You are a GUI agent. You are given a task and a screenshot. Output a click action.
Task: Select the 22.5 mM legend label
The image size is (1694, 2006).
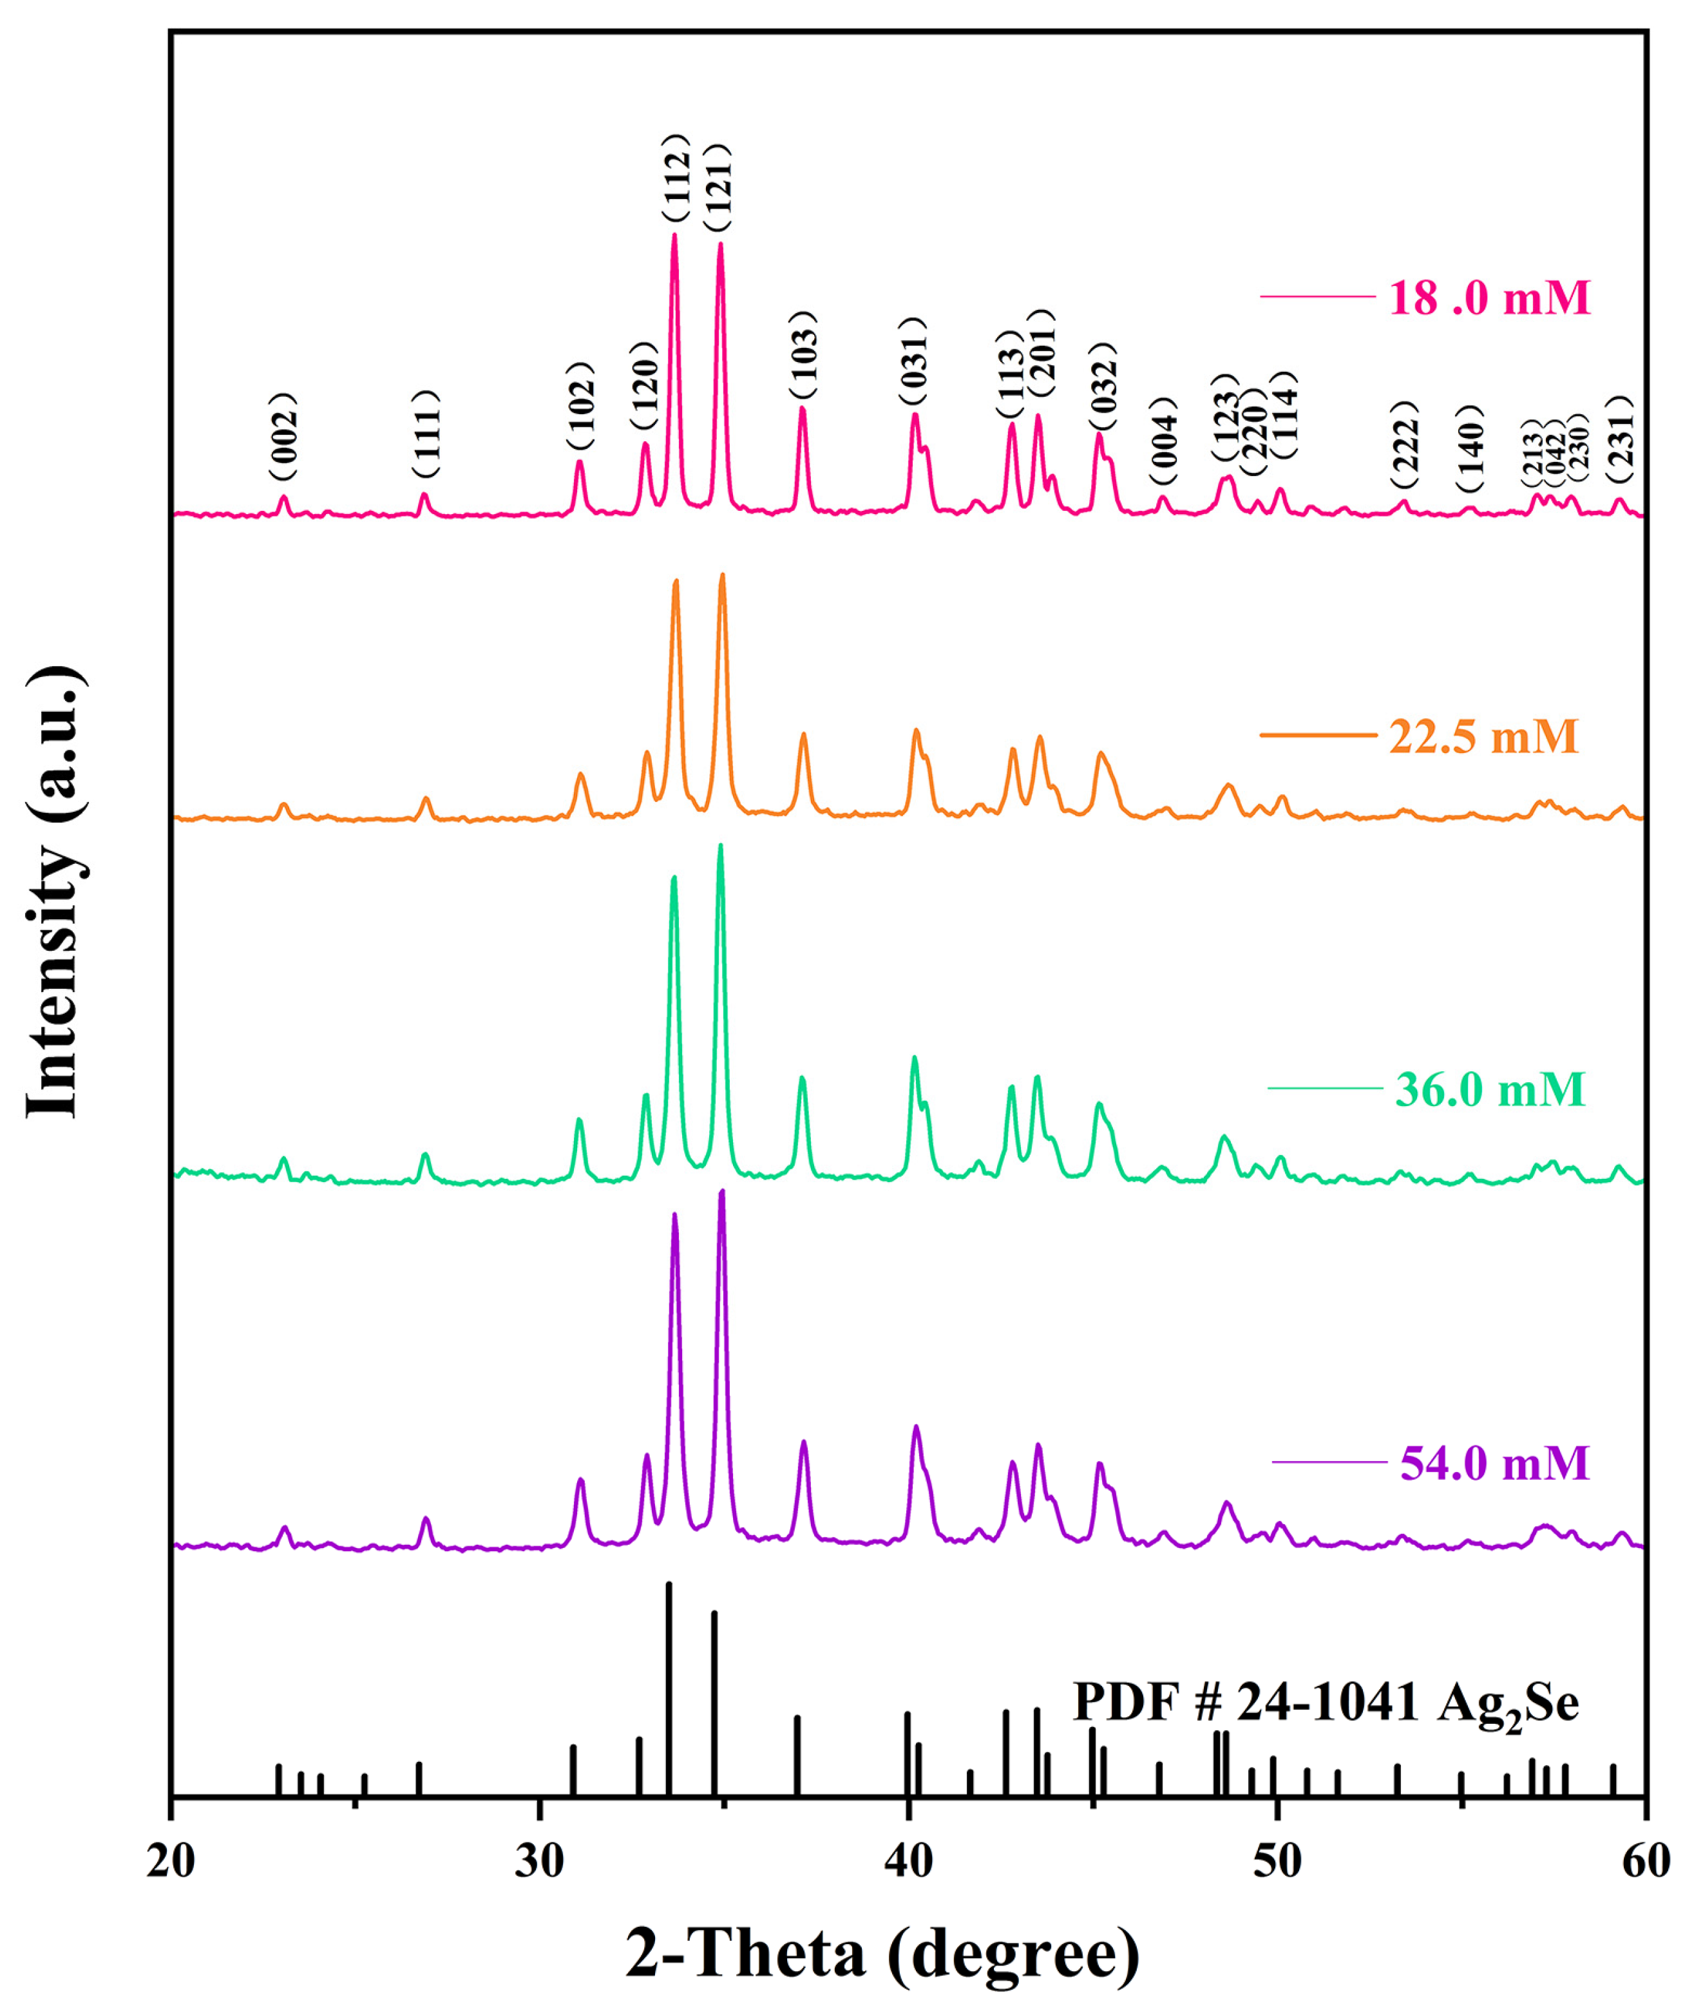click(x=1483, y=736)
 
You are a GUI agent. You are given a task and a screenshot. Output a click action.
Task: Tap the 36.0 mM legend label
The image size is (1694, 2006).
click(x=1489, y=1089)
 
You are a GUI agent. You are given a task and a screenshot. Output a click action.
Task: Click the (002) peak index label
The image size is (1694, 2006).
click(x=284, y=437)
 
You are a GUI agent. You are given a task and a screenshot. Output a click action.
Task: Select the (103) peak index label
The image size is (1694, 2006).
click(x=803, y=356)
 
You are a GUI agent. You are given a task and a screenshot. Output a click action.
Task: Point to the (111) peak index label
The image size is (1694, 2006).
click(x=425, y=434)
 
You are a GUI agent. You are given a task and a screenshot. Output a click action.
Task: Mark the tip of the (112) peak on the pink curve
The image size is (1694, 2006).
click(x=674, y=234)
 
